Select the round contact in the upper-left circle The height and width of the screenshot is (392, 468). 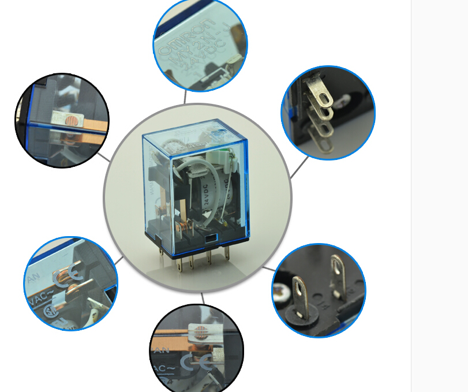71,122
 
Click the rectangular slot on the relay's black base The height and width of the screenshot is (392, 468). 209,236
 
